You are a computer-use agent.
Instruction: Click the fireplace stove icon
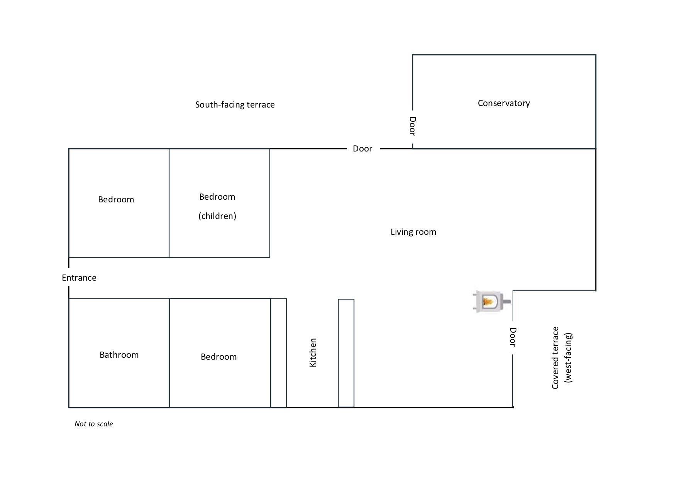[491, 301]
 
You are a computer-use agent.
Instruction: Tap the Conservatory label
[504, 103]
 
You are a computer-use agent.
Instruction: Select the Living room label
[413, 232]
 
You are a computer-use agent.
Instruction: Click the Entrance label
[79, 278]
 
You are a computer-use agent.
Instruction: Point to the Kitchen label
[313, 353]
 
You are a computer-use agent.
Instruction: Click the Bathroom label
[119, 355]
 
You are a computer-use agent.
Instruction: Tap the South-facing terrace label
[235, 104]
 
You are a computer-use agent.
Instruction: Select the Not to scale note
[94, 424]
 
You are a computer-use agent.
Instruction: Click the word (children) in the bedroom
[217, 216]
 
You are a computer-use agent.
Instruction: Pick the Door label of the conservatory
[412, 126]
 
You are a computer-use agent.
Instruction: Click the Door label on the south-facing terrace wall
[362, 148]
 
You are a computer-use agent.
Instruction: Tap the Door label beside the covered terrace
[513, 337]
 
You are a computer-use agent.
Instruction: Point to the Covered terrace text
[555, 358]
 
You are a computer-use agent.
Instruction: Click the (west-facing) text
[568, 358]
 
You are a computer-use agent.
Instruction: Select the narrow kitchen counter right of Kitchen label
[346, 353]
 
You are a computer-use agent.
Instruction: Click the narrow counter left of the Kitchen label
[279, 353]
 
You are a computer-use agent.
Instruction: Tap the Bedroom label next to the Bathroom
[218, 357]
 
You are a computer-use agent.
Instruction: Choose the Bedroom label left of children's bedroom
[116, 199]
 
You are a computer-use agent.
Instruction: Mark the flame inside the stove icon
[488, 301]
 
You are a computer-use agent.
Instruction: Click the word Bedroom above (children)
[217, 197]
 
